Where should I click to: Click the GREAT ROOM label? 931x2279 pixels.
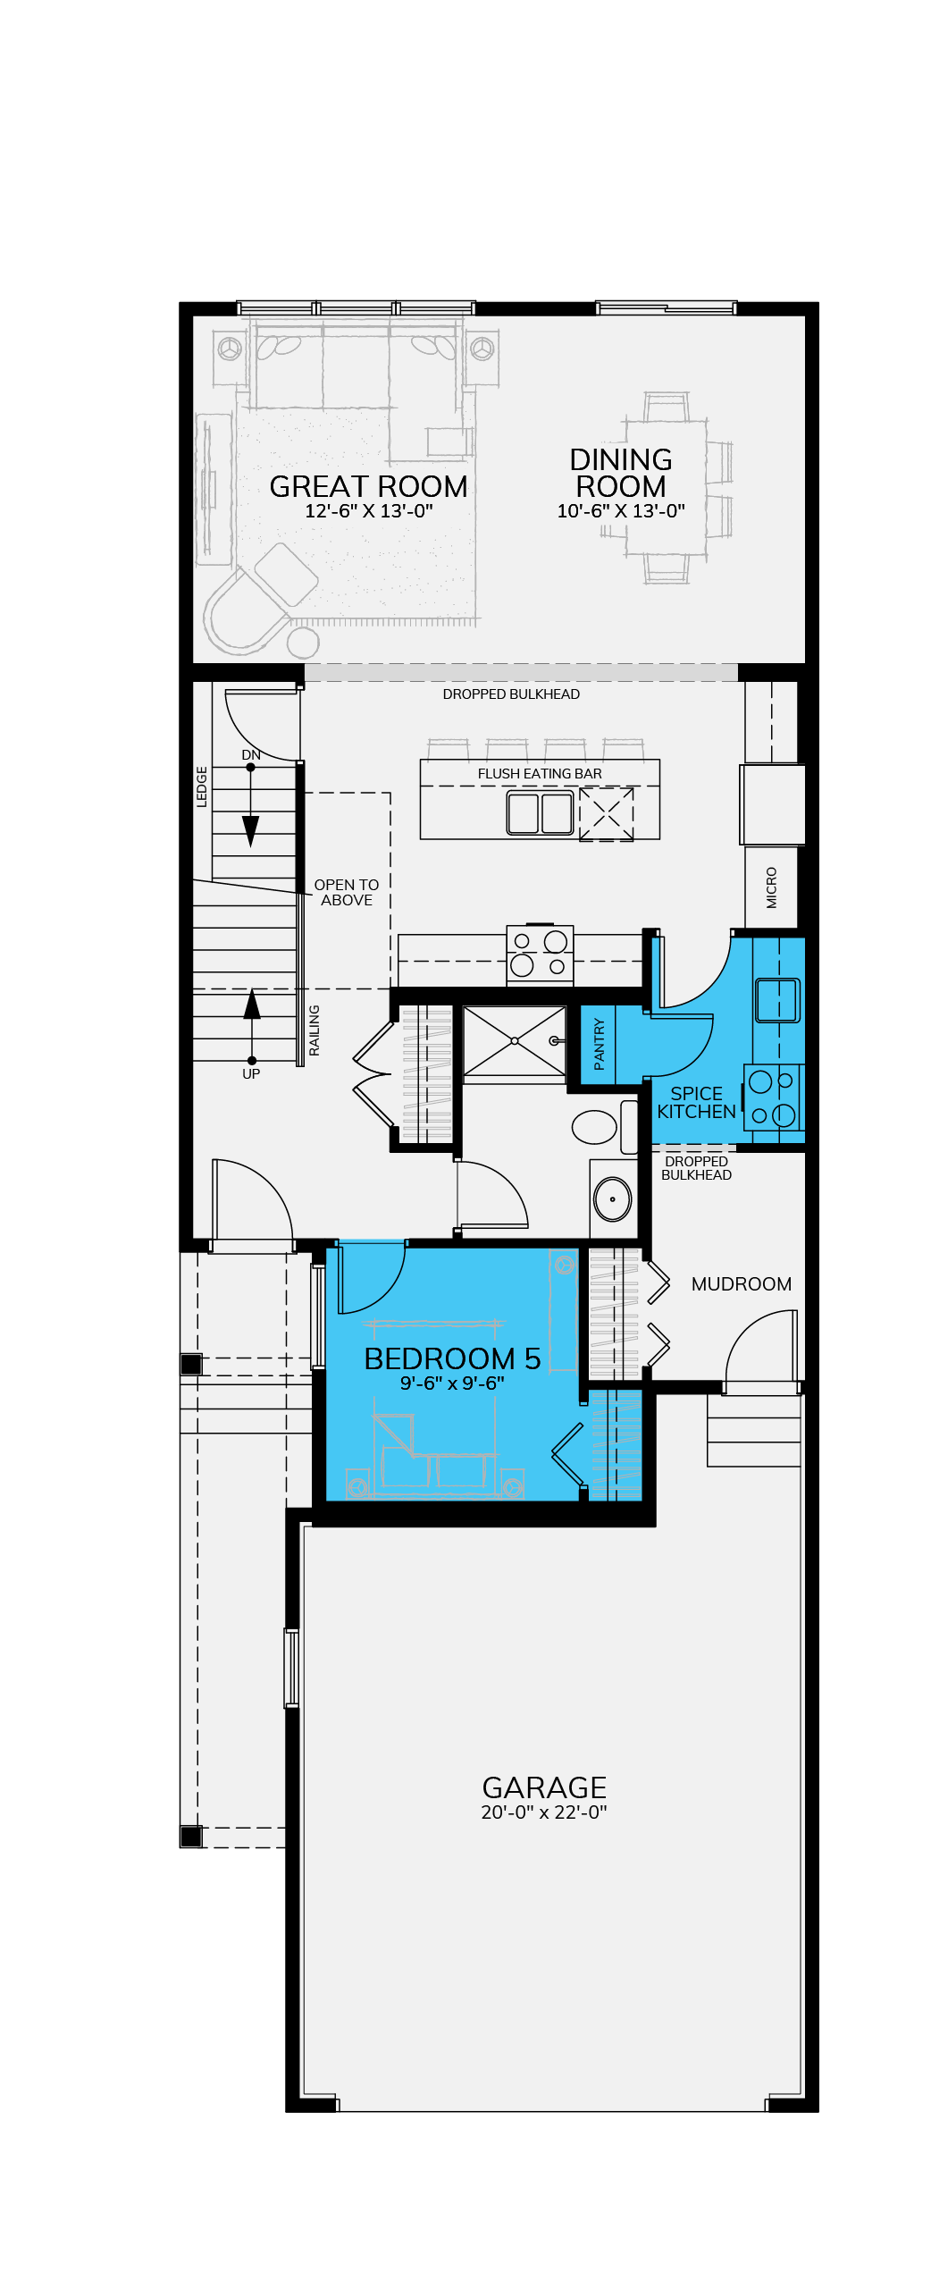coord(368,486)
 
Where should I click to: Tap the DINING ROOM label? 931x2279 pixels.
coord(621,473)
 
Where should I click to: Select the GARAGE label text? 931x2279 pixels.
coord(544,1787)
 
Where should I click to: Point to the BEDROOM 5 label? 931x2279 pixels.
coord(452,1358)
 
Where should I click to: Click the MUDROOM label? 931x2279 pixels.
coord(742,1284)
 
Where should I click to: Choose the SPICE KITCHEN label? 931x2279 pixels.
coord(697,1103)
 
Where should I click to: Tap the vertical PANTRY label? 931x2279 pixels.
coord(599,1044)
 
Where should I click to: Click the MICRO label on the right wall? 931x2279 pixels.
coord(772,887)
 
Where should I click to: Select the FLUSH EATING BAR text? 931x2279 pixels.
coord(540,774)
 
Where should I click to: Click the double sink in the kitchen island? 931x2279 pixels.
coord(541,813)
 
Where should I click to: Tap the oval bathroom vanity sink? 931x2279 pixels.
coord(613,1199)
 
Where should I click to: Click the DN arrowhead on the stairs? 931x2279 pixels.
coord(251,831)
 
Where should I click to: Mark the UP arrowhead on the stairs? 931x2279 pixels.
coord(252,1004)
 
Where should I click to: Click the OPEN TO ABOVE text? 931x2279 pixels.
coord(347,893)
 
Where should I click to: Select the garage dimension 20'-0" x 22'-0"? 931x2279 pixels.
coord(544,1812)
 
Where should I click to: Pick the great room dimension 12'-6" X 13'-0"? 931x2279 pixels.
coord(369,511)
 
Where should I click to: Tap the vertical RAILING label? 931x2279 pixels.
coord(314,1030)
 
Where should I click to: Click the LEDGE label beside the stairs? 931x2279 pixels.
coord(202,786)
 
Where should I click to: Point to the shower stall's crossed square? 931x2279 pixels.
coord(515,1041)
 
